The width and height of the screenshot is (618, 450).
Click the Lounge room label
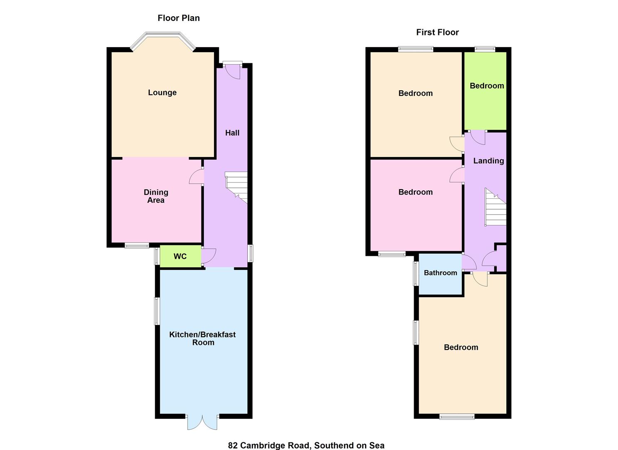(162, 92)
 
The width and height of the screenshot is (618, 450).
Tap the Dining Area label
(156, 196)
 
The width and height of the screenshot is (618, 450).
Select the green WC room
(180, 256)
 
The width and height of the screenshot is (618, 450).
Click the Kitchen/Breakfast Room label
(203, 338)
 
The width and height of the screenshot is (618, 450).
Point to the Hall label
(232, 133)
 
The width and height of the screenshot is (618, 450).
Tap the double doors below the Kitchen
(202, 422)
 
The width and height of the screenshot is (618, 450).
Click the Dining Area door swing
(197, 177)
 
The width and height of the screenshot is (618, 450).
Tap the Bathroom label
(440, 273)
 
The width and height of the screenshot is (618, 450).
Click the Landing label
(489, 161)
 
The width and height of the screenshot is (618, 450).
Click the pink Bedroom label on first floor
(415, 192)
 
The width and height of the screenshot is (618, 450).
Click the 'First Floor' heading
(437, 32)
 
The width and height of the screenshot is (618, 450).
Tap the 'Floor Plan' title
(179, 18)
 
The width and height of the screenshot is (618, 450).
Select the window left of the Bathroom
(415, 273)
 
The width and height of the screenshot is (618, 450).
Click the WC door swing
(208, 255)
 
